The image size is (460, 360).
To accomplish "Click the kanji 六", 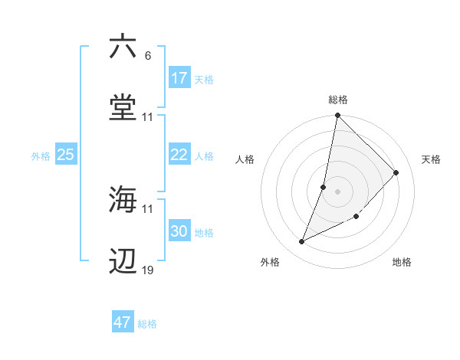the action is (x=123, y=47).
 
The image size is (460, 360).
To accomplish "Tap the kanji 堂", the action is (x=123, y=108).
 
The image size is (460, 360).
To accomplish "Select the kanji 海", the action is (x=123, y=199).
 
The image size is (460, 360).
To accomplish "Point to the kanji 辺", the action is (x=123, y=261).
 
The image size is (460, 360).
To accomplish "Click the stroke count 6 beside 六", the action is (x=147, y=56).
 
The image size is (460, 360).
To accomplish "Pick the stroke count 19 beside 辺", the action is (x=148, y=270).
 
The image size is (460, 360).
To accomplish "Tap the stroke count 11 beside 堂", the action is (x=148, y=117).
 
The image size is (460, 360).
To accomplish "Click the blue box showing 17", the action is (x=179, y=78).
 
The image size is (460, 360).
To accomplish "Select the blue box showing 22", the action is (x=179, y=155).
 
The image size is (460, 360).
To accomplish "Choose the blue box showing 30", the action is (x=179, y=231).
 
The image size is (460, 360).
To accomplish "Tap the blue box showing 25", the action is (x=65, y=155).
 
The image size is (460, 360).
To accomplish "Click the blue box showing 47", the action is (x=123, y=322).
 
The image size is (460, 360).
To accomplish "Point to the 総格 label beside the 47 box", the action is (x=147, y=324).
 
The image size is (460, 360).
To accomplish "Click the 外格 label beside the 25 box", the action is (x=41, y=156).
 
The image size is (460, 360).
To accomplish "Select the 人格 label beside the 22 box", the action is (x=204, y=156).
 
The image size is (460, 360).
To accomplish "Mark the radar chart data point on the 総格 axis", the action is (x=337, y=116).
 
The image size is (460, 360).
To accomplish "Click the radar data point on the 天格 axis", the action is (x=396, y=172).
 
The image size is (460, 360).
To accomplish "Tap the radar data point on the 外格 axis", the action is (x=302, y=242).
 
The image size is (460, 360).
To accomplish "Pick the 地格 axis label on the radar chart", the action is (x=402, y=263).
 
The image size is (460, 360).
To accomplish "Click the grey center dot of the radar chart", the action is (x=337, y=191).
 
